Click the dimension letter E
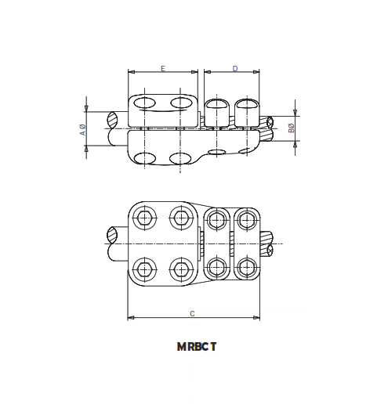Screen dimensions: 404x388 click(162, 69)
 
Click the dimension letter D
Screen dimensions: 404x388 click(234, 69)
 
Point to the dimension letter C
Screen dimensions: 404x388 click(193, 313)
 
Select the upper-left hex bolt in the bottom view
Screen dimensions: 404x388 click(145, 218)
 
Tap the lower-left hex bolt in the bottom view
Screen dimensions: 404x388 click(145, 269)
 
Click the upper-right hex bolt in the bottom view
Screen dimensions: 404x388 click(245, 218)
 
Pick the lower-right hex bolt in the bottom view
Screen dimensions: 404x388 click(245, 269)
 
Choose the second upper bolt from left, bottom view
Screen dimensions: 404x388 click(182, 218)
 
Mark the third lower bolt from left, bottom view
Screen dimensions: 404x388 click(216, 269)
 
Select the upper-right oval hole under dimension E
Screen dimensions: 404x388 click(181, 103)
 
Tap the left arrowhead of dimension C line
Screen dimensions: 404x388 click(130, 318)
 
